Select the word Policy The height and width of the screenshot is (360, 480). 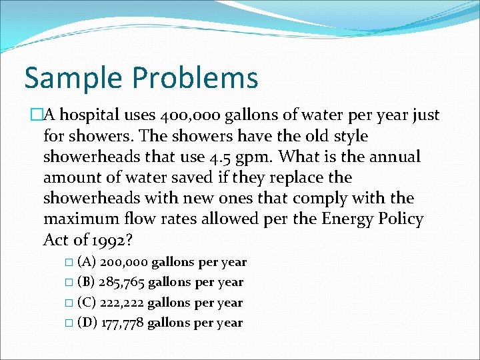point(399,219)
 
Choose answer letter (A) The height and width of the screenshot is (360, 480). point(86,263)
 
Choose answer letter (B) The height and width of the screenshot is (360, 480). point(86,283)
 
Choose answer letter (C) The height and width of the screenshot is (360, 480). point(86,303)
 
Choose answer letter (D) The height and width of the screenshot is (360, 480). point(86,323)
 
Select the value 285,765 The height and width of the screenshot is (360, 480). point(122,283)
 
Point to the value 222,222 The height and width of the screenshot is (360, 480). point(121,303)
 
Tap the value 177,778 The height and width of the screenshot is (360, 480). point(121,323)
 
